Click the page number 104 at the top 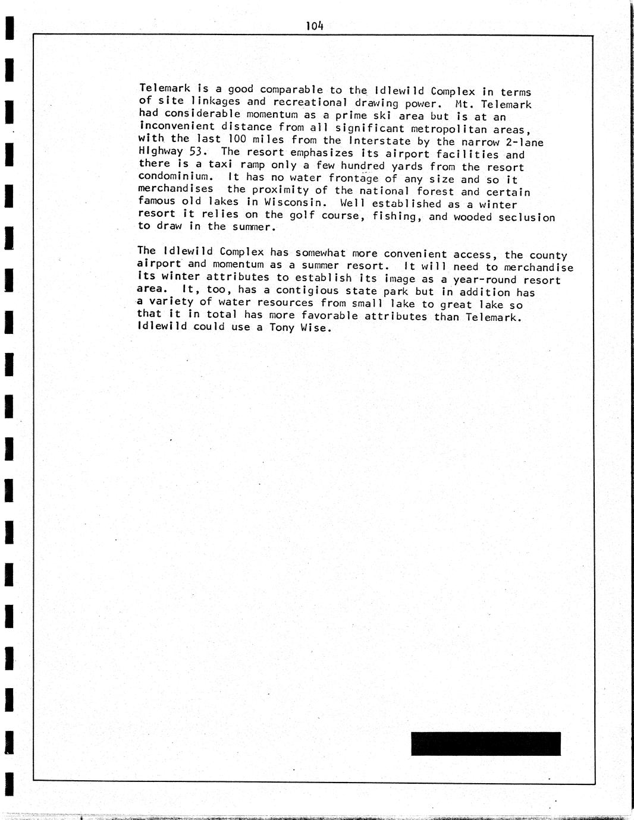tap(314, 26)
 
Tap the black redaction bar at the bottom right tap(485, 744)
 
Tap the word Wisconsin tap(296, 202)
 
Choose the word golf tap(302, 215)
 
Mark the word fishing tap(397, 216)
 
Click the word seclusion tap(527, 217)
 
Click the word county tap(548, 255)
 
